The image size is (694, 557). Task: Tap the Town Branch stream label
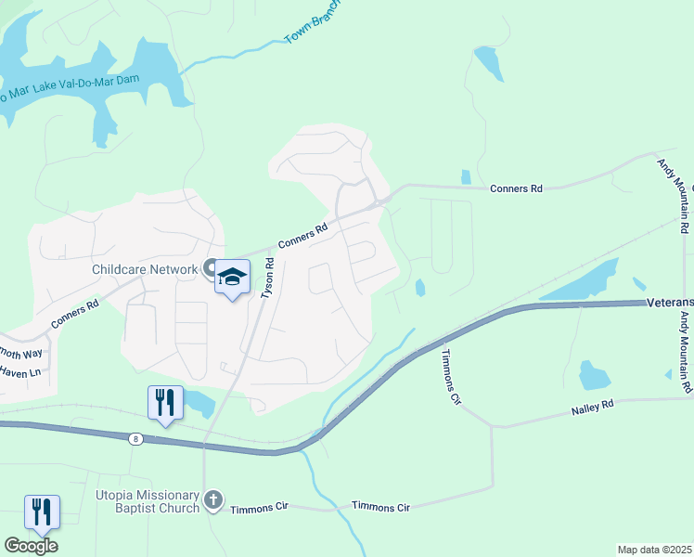click(x=312, y=21)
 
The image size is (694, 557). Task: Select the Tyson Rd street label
click(x=269, y=277)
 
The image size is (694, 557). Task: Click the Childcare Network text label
click(x=145, y=270)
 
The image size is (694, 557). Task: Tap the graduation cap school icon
click(x=232, y=277)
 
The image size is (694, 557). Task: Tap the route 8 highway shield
click(x=135, y=439)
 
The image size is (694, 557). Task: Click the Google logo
click(x=31, y=546)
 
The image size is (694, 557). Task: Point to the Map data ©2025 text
click(x=654, y=550)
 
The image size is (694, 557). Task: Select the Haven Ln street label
click(x=20, y=372)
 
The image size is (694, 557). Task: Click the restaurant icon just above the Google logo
click(x=42, y=511)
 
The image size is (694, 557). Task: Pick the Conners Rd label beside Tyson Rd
click(x=303, y=239)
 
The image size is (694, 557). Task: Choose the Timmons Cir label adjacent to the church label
click(x=260, y=508)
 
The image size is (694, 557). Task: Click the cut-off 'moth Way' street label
click(x=21, y=354)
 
